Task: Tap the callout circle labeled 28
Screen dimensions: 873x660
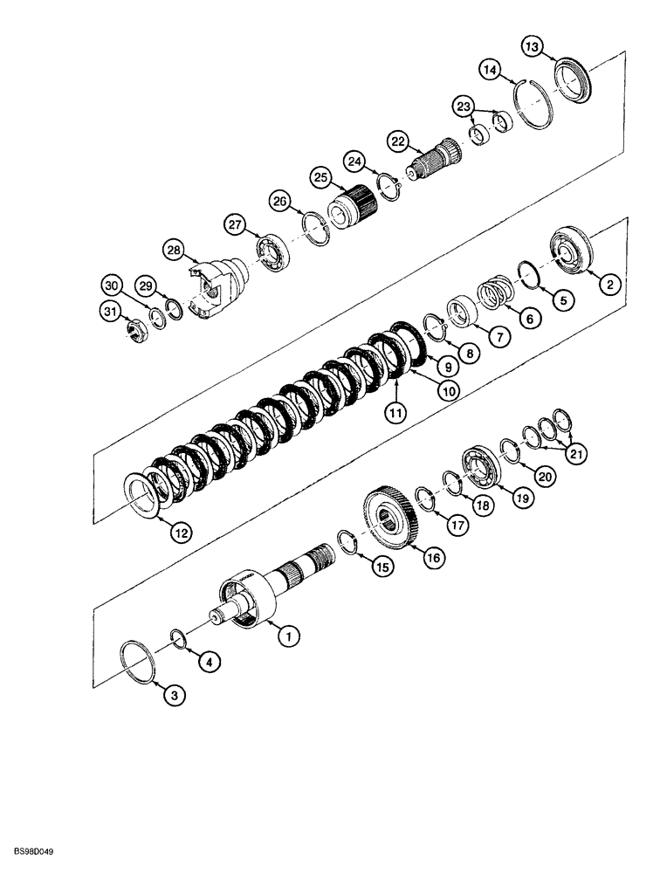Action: [175, 251]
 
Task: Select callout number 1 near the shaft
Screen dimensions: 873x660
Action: [285, 638]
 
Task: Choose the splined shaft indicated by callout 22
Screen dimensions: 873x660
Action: [433, 161]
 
